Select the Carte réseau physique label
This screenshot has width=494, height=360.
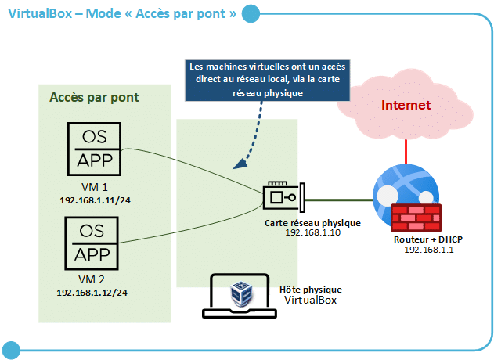pyautogui.click(x=312, y=223)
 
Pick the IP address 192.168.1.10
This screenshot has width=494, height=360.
pyautogui.click(x=312, y=233)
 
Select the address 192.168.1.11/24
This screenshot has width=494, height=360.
pyautogui.click(x=94, y=200)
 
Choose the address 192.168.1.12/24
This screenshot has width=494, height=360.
pyautogui.click(x=92, y=292)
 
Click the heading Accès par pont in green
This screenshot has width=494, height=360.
pyautogui.click(x=94, y=98)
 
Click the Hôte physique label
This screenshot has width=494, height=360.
pyautogui.click(x=311, y=290)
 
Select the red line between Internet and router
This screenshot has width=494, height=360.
pyautogui.click(x=406, y=149)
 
